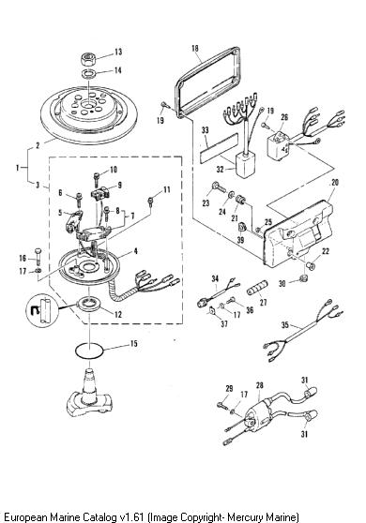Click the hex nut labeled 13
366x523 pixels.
point(88,59)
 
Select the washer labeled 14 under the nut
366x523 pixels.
point(89,74)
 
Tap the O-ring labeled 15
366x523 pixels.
point(89,351)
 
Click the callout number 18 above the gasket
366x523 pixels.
point(195,49)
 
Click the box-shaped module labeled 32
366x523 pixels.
point(244,165)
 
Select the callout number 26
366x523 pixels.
point(284,117)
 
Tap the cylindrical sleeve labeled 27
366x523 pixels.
point(258,288)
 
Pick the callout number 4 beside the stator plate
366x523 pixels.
point(135,251)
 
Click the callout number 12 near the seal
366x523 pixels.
point(118,314)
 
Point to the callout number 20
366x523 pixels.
point(335,183)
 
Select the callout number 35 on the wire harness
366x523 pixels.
point(285,324)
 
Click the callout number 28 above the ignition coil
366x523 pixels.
point(259,385)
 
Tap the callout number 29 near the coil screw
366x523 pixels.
point(229,388)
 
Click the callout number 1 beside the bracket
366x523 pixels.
point(18,168)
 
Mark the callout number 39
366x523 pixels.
point(240,240)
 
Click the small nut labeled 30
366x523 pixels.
point(303,277)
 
